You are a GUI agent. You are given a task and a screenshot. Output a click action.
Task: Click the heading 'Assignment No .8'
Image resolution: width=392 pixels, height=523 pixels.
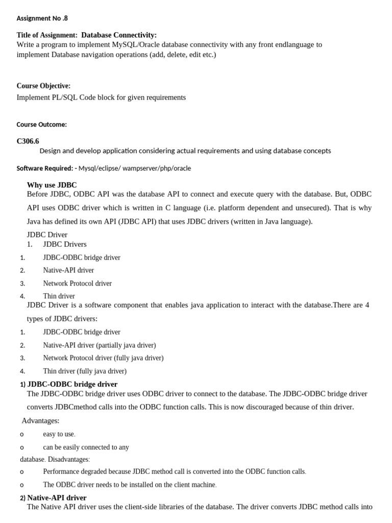tap(42, 18)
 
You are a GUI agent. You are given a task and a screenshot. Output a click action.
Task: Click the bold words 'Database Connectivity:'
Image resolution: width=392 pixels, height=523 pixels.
tap(119, 35)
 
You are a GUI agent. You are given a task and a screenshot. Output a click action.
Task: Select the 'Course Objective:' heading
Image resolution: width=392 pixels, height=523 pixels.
tap(43, 86)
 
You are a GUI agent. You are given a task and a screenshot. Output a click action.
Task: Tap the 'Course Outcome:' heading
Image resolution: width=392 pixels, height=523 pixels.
tap(41, 124)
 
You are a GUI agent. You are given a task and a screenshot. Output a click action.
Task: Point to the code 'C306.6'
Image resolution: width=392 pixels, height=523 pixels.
tap(28, 141)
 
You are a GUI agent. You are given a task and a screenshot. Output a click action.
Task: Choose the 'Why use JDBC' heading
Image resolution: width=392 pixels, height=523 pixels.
tap(52, 185)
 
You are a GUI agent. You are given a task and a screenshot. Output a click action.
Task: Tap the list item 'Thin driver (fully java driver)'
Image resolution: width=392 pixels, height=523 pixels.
tap(85, 371)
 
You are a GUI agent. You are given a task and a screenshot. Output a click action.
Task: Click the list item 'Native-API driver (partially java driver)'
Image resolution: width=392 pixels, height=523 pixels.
tap(100, 345)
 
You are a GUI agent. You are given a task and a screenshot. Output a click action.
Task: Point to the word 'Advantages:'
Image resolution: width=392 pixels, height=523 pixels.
tap(40, 421)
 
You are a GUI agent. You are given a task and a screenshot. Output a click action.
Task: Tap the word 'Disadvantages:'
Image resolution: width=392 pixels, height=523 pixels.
tap(69, 460)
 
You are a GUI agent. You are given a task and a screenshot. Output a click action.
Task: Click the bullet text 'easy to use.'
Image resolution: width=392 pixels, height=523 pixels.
tap(59, 434)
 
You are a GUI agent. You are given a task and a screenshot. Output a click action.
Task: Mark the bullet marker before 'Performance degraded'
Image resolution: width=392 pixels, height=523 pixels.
tap(22, 472)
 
